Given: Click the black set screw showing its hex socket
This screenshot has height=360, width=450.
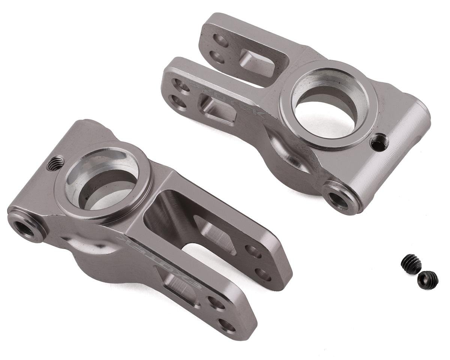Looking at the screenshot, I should tap(428, 280).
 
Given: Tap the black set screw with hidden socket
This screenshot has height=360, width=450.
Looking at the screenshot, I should tap(411, 264).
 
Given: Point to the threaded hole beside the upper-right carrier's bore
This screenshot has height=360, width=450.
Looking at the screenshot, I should tap(379, 142).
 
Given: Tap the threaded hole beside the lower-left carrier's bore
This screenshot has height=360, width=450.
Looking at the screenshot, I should tap(55, 163).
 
